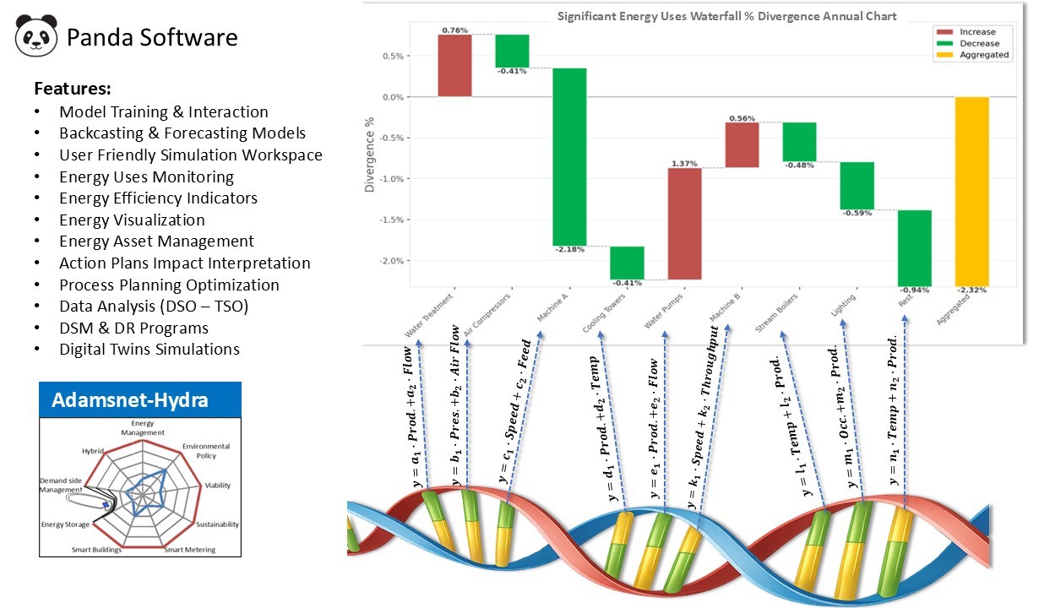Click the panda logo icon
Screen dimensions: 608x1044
click(36, 36)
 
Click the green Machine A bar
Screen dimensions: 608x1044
click(569, 156)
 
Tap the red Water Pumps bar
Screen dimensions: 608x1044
click(684, 223)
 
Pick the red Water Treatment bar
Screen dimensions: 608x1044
click(454, 65)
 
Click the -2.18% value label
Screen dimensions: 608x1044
click(568, 249)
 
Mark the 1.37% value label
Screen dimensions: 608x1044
click(684, 163)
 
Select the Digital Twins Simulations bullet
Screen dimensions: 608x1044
click(150, 350)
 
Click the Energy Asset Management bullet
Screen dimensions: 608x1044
click(156, 242)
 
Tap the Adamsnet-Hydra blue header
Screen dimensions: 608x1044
click(140, 399)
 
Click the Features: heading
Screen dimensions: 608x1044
click(73, 89)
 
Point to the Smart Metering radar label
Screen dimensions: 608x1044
click(189, 550)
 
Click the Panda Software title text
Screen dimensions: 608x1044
click(152, 38)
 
